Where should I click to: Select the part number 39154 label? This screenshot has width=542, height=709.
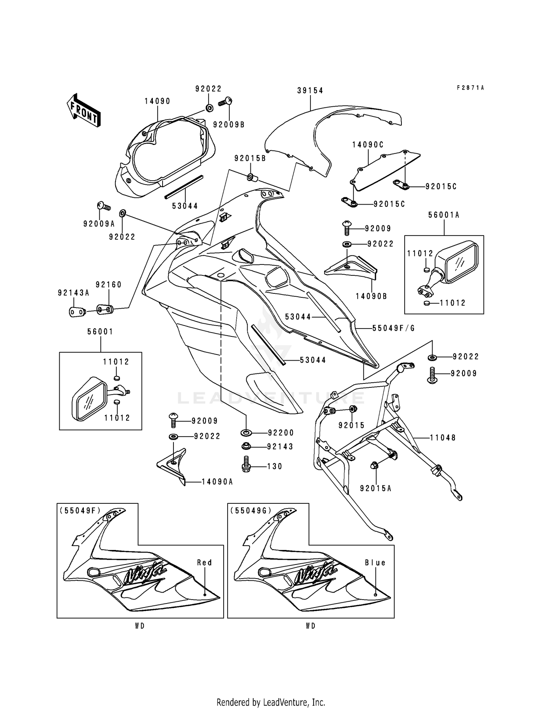[x=310, y=91]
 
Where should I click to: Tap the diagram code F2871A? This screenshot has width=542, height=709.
[x=470, y=88]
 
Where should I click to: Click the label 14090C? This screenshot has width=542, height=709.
[x=368, y=145]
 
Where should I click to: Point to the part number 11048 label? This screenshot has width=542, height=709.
[x=443, y=438]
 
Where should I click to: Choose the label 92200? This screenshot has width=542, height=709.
[x=281, y=433]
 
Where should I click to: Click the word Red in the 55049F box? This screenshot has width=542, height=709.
[x=205, y=563]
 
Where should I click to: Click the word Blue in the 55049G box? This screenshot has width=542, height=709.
[x=375, y=563]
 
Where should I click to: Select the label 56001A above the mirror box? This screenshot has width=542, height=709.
[x=444, y=215]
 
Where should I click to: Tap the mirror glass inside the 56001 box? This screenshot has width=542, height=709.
[x=89, y=401]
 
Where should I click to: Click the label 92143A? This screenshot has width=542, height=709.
[x=73, y=293]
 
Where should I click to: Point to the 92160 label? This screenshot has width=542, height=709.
[x=108, y=285]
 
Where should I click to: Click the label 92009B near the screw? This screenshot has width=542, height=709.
[x=229, y=125]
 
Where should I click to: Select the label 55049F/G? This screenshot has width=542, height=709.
[x=394, y=328]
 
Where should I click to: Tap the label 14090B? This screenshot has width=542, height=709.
[x=371, y=296]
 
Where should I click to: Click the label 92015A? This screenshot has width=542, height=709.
[x=376, y=489]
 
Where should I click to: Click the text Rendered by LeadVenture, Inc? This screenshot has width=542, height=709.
[x=271, y=702]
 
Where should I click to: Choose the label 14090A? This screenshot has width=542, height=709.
[x=217, y=482]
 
